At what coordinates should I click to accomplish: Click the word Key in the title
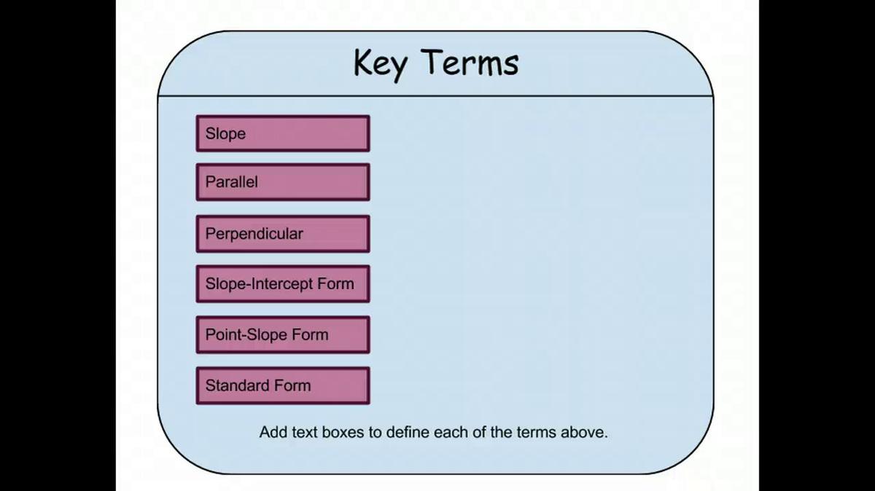tap(381, 64)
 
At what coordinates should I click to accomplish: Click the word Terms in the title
tap(472, 63)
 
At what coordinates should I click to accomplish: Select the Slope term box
tap(283, 133)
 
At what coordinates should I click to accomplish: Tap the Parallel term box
tap(283, 182)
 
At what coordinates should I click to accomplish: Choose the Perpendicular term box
tap(283, 234)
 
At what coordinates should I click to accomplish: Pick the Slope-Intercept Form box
tap(283, 284)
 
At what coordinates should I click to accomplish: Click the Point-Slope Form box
tap(283, 334)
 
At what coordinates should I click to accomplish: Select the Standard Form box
tap(283, 385)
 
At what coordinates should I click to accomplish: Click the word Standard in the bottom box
tap(238, 385)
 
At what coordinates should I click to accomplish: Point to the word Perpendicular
tap(254, 235)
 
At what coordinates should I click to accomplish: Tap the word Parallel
tap(232, 182)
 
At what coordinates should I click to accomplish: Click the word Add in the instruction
tap(273, 432)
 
